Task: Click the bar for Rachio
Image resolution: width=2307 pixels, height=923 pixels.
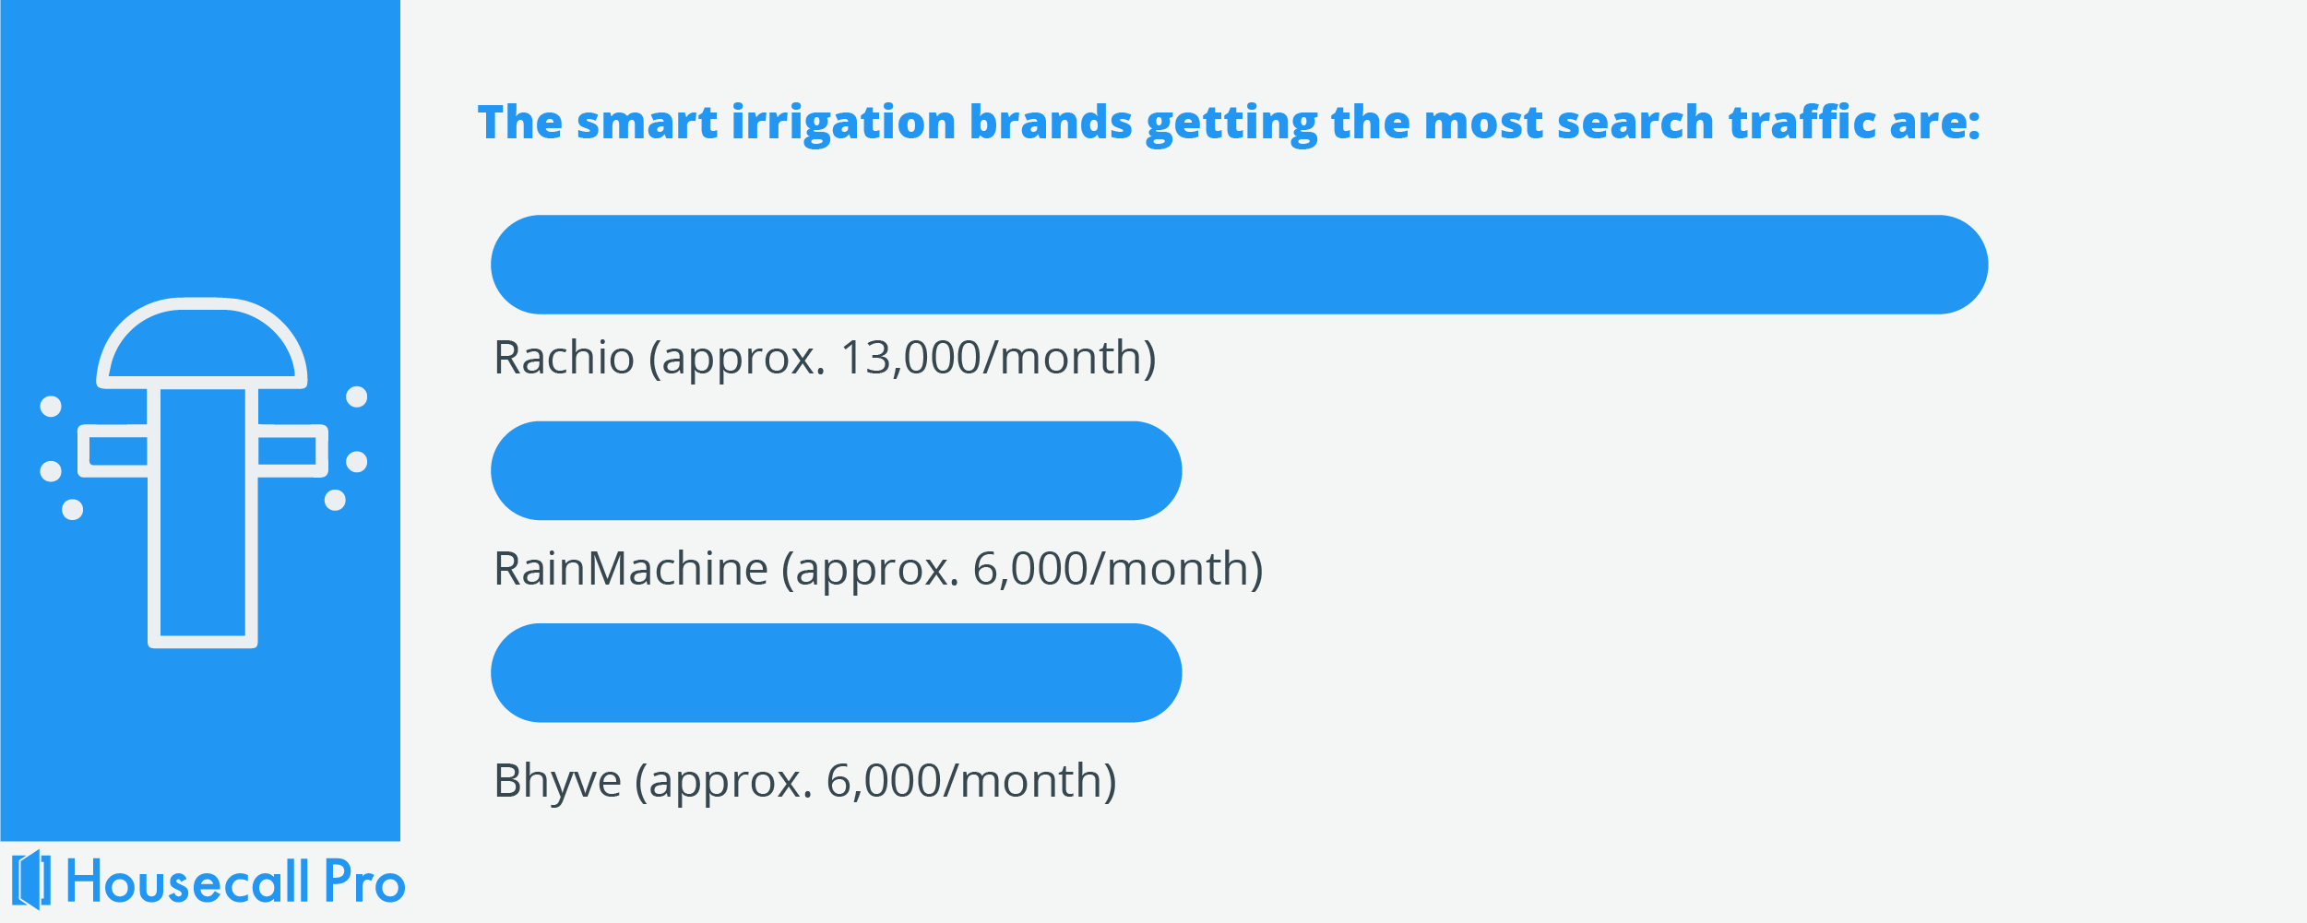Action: click(1239, 265)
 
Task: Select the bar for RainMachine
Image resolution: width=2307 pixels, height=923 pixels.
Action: click(837, 470)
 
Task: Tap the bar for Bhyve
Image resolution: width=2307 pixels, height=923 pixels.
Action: click(837, 672)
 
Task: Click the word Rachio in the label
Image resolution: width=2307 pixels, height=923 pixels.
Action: click(565, 358)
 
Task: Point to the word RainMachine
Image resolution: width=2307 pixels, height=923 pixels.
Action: click(631, 568)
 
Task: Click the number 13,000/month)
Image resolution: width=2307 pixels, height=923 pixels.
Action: click(998, 359)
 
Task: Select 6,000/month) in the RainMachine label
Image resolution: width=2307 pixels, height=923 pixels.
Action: click(1118, 570)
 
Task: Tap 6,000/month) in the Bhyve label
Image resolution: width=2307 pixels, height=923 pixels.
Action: click(971, 782)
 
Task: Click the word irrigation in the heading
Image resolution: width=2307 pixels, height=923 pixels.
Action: click(843, 124)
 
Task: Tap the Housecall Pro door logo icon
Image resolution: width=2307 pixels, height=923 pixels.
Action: click(32, 880)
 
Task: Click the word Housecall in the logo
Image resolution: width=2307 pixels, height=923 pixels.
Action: click(188, 882)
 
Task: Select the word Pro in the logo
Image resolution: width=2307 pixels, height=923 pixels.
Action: click(364, 882)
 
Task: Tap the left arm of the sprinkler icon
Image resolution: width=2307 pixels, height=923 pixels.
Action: click(113, 451)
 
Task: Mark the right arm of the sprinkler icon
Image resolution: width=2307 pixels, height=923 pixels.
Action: click(291, 451)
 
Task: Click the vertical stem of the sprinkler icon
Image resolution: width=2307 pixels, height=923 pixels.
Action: click(203, 517)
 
